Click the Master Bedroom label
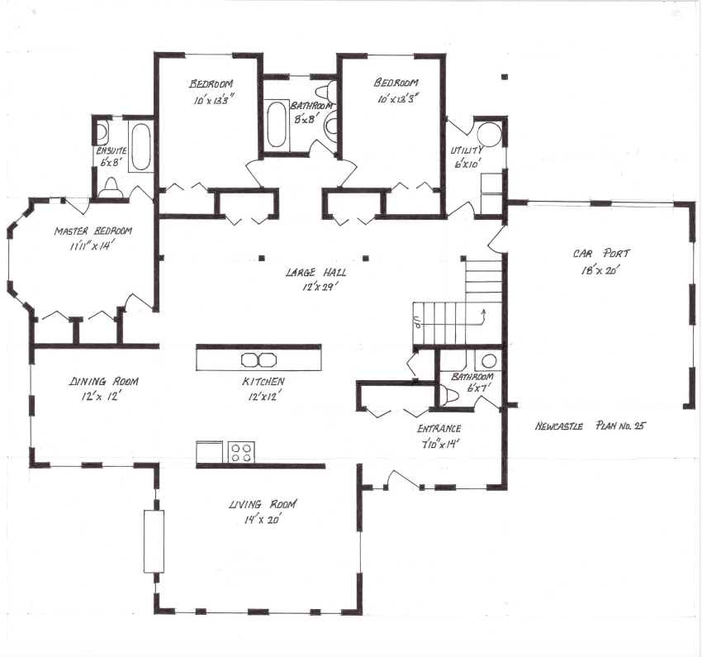point(92,231)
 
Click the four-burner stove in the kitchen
point(242,453)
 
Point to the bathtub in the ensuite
point(141,147)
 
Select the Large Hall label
point(315,272)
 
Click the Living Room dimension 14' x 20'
point(263,520)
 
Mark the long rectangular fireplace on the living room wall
point(154,541)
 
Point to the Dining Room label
point(103,382)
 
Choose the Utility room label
point(467,151)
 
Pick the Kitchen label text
point(263,382)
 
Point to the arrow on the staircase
point(482,313)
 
